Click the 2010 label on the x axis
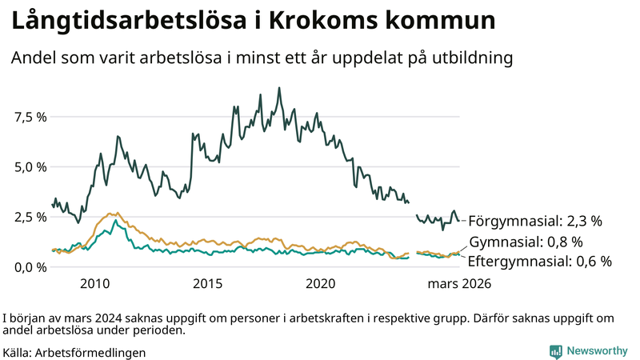pos(94,283)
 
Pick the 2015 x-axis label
pos(207,283)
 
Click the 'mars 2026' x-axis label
pos(459,283)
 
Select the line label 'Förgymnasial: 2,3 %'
pos(534,221)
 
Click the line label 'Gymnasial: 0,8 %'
pos(526,242)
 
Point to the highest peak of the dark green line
pos(279,88)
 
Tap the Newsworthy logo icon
pos(555,351)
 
